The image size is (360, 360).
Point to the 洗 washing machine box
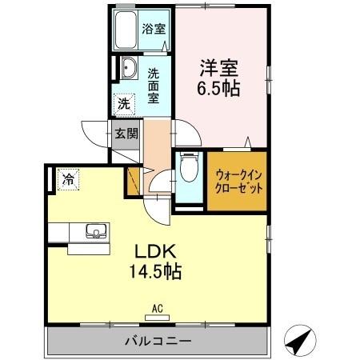click(124, 103)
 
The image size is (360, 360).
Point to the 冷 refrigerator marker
click(70, 179)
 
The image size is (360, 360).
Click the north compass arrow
click(299, 342)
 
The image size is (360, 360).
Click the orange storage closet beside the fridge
click(132, 181)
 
